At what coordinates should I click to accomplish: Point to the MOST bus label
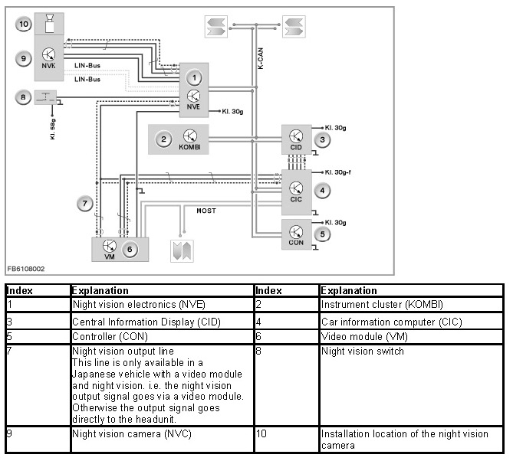click(x=206, y=210)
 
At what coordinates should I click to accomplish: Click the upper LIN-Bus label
click(x=87, y=65)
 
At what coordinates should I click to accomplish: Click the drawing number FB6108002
click(x=26, y=269)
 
